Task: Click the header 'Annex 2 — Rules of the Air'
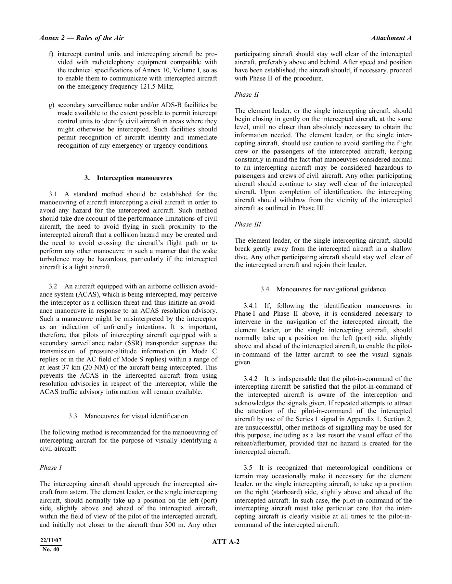point(82,38)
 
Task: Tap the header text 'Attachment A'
point(391,38)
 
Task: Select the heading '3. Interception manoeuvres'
point(128,178)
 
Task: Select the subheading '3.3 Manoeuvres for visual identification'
point(128,416)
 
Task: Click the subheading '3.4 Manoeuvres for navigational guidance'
point(323,289)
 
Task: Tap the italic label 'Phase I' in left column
point(51,468)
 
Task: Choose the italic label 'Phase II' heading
point(247,94)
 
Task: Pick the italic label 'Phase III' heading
point(248,224)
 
